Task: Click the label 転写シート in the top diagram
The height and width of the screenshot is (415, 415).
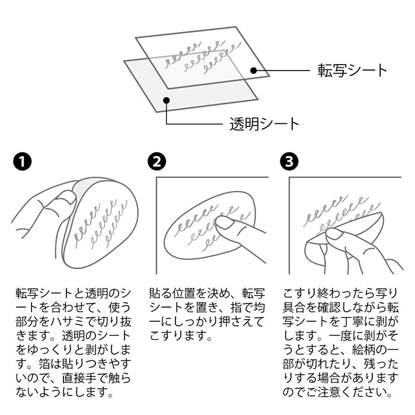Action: pos(352,71)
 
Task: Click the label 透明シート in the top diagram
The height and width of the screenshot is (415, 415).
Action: pos(264,124)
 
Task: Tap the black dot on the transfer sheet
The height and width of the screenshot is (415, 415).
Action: pos(254,71)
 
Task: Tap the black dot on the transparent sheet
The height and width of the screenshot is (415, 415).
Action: pos(166,100)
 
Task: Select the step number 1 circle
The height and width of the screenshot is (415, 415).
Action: pos(23,161)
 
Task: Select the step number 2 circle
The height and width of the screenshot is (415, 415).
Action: pos(157,161)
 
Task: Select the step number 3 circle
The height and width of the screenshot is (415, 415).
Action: pos(289,161)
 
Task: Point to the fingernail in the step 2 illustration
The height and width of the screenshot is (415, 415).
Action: pos(225,222)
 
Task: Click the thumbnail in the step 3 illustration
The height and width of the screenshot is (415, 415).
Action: pos(334,234)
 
